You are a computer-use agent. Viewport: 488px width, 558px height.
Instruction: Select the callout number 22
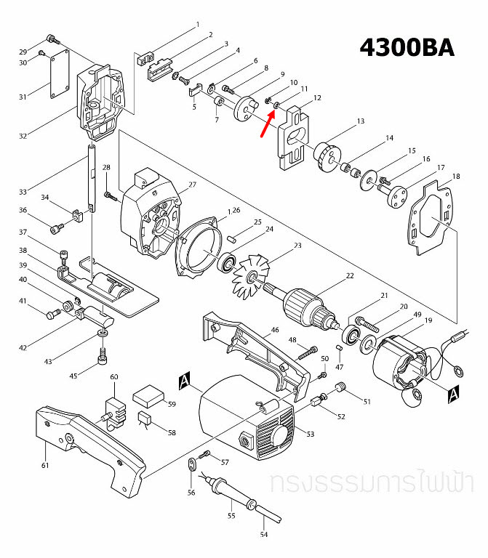[x=350, y=276]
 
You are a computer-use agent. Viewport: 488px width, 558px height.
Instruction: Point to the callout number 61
[x=44, y=466]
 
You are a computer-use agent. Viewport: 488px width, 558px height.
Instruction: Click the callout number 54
[x=264, y=535]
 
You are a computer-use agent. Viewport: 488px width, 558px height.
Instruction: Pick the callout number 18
[x=456, y=177]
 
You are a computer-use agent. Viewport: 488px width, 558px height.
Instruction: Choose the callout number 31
[x=23, y=97]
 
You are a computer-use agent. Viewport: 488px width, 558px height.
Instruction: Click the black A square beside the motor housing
[x=184, y=381]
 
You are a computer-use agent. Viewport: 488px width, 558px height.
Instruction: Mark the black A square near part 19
[x=453, y=393]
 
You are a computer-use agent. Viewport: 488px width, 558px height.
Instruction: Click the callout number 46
[x=275, y=330]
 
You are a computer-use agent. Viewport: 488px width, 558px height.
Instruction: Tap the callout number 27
[x=193, y=185]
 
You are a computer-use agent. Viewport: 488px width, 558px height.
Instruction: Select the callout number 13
[x=360, y=123]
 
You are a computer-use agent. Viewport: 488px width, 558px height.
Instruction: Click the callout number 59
[x=172, y=404]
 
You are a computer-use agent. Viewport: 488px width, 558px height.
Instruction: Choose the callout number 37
[x=23, y=232]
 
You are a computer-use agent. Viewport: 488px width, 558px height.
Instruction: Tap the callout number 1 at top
[x=197, y=25]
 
